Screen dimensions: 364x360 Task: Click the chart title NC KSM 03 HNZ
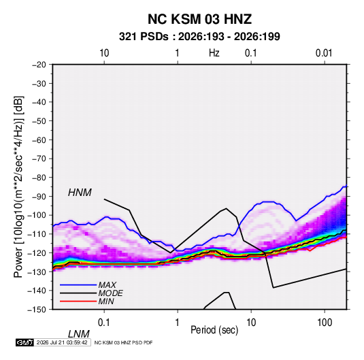pyautogui.click(x=199, y=19)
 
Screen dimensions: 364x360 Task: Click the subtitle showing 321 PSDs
pyautogui.click(x=199, y=37)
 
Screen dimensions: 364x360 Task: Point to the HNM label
pyautogui.click(x=80, y=193)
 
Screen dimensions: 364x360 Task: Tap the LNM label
pyautogui.click(x=78, y=334)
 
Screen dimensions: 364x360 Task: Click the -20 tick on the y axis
pyautogui.click(x=39, y=65)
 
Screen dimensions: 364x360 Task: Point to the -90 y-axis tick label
pyautogui.click(x=39, y=196)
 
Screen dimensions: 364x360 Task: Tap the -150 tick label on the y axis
pyautogui.click(x=37, y=310)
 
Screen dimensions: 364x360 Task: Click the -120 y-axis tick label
pyautogui.click(x=37, y=252)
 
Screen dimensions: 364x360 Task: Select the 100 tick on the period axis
pyautogui.click(x=325, y=323)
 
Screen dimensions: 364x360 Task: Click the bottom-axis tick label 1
pyautogui.click(x=177, y=323)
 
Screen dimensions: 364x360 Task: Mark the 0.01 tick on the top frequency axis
pyautogui.click(x=324, y=53)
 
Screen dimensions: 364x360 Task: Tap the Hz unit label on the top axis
pyautogui.click(x=214, y=53)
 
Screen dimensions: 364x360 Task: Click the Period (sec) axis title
pyautogui.click(x=214, y=330)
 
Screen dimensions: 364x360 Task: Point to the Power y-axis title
pyautogui.click(x=18, y=187)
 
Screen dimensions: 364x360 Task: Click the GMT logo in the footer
pyautogui.click(x=24, y=342)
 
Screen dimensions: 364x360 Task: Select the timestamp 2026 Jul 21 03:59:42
pyautogui.click(x=62, y=342)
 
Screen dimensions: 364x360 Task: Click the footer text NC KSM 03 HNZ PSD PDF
pyautogui.click(x=124, y=342)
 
